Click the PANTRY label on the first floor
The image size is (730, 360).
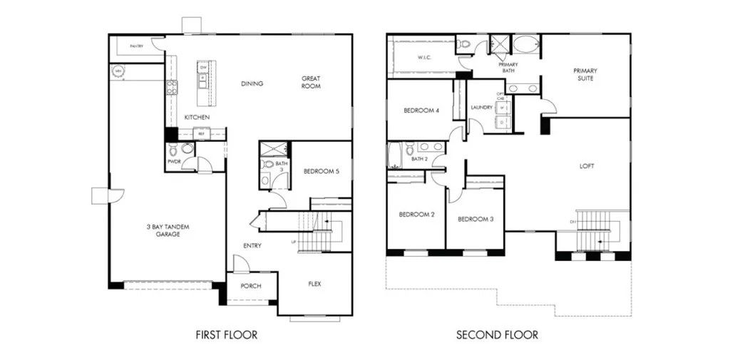pyautogui.click(x=136, y=46)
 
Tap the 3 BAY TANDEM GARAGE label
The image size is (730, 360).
pyautogui.click(x=169, y=230)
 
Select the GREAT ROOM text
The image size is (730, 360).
pyautogui.click(x=311, y=83)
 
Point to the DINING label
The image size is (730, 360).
pyautogui.click(x=252, y=83)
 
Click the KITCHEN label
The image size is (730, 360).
pyautogui.click(x=197, y=117)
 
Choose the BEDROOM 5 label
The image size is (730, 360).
pyautogui.click(x=321, y=171)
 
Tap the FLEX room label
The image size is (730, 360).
pyautogui.click(x=314, y=284)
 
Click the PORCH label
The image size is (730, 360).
pyautogui.click(x=251, y=286)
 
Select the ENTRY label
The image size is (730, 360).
pyautogui.click(x=252, y=246)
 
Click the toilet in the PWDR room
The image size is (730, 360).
pyautogui.click(x=187, y=149)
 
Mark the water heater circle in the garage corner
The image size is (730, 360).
pyautogui.click(x=118, y=71)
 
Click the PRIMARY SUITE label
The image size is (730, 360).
pyautogui.click(x=585, y=74)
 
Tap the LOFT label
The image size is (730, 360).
pyautogui.click(x=587, y=166)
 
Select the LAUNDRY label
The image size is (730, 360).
pyautogui.click(x=482, y=108)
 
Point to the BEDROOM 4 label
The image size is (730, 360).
pyautogui.click(x=421, y=110)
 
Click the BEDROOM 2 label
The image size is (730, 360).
pyautogui.click(x=416, y=215)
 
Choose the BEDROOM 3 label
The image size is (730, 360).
pyautogui.click(x=475, y=219)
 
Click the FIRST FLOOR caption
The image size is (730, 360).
pyautogui.click(x=226, y=334)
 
